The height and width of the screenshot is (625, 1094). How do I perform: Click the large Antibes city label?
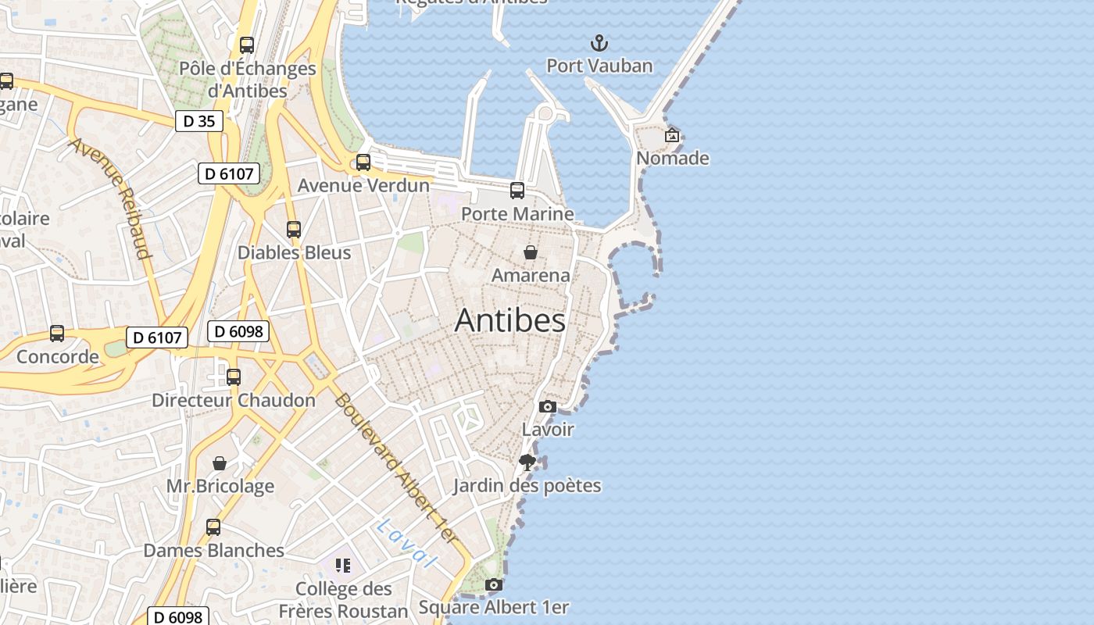pos(510,320)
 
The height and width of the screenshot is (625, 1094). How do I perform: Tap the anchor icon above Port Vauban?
pos(599,42)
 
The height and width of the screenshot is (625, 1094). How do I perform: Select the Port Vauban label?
pos(599,66)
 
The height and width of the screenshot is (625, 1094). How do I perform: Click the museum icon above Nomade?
pos(671,135)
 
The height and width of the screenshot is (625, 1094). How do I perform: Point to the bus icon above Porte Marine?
pos(517,190)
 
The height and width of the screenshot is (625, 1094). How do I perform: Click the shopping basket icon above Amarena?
pos(531,252)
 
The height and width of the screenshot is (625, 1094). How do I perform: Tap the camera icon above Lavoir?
pos(548,406)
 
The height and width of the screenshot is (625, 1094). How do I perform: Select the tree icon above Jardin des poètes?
pos(527,462)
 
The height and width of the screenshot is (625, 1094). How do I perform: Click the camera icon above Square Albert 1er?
pos(493,584)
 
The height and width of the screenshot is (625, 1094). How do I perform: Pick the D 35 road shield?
pos(198,121)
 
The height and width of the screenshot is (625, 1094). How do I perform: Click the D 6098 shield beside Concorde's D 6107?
pos(238,331)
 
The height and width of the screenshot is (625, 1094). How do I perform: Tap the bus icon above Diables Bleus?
pos(293,230)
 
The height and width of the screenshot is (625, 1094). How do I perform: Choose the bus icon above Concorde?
pos(57,334)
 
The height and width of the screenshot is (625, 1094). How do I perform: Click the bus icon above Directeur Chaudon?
pos(233,377)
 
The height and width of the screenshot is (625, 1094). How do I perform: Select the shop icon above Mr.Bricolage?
pos(220,463)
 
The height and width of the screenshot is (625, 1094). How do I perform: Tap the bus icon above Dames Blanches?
pos(213,527)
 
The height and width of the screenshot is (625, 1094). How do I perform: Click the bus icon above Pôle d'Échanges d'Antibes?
pos(247,45)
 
